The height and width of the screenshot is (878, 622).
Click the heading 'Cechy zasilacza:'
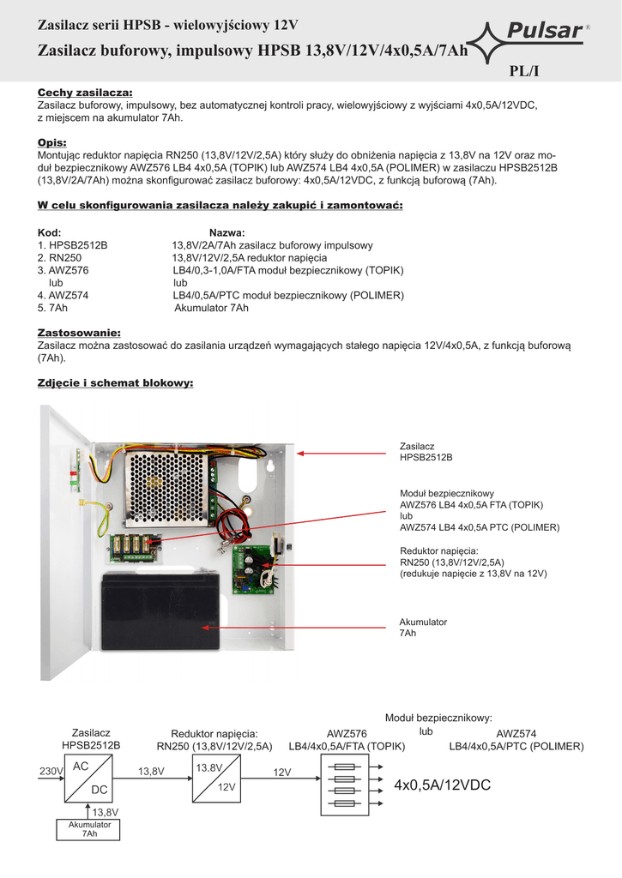click(85, 93)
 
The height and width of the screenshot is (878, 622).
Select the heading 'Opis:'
click(52, 142)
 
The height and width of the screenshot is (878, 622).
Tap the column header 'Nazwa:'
click(227, 232)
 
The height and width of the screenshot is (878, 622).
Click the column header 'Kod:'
click(50, 232)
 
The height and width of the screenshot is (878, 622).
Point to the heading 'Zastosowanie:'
click(79, 332)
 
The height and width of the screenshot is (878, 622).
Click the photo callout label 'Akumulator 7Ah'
click(423, 627)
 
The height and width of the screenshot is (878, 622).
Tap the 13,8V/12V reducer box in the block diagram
click(214, 777)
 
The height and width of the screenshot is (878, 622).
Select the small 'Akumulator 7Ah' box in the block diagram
click(89, 829)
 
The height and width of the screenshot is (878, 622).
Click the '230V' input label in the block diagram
click(51, 772)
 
